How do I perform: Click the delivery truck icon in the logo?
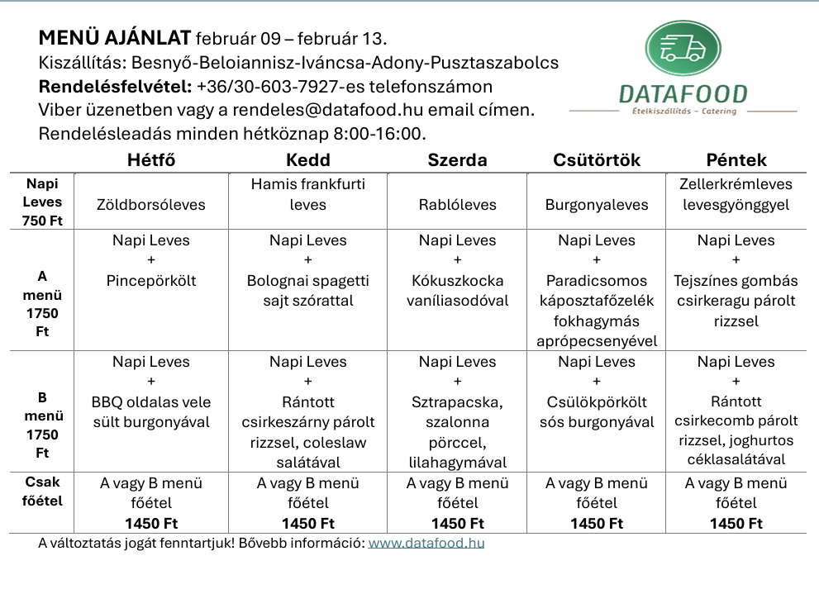click(x=682, y=49)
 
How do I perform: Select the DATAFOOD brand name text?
click(x=683, y=95)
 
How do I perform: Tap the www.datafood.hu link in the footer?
click(x=426, y=543)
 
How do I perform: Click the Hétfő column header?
click(x=151, y=160)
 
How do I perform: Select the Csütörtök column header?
click(x=597, y=160)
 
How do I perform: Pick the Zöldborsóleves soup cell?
click(x=151, y=204)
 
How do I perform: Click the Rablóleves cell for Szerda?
click(x=457, y=204)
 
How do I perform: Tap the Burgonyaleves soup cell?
click(x=597, y=204)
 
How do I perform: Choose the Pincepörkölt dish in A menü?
click(x=151, y=281)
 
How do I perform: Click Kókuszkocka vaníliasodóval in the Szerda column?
click(x=457, y=291)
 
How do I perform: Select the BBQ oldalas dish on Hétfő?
click(x=151, y=412)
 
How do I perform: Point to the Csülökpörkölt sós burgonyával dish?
click(x=597, y=412)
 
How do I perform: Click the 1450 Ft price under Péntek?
click(x=736, y=523)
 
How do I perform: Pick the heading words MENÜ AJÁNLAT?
click(x=115, y=38)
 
